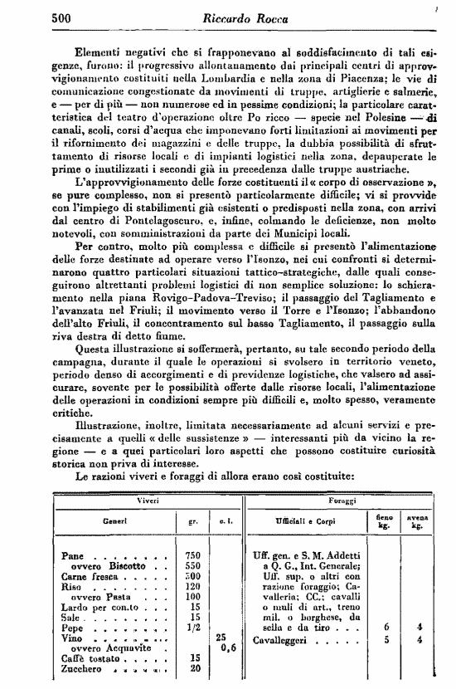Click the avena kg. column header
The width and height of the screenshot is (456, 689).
[x=417, y=521]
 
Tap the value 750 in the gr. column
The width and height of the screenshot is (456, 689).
[x=194, y=555]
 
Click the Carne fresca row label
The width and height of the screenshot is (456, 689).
[x=90, y=576]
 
